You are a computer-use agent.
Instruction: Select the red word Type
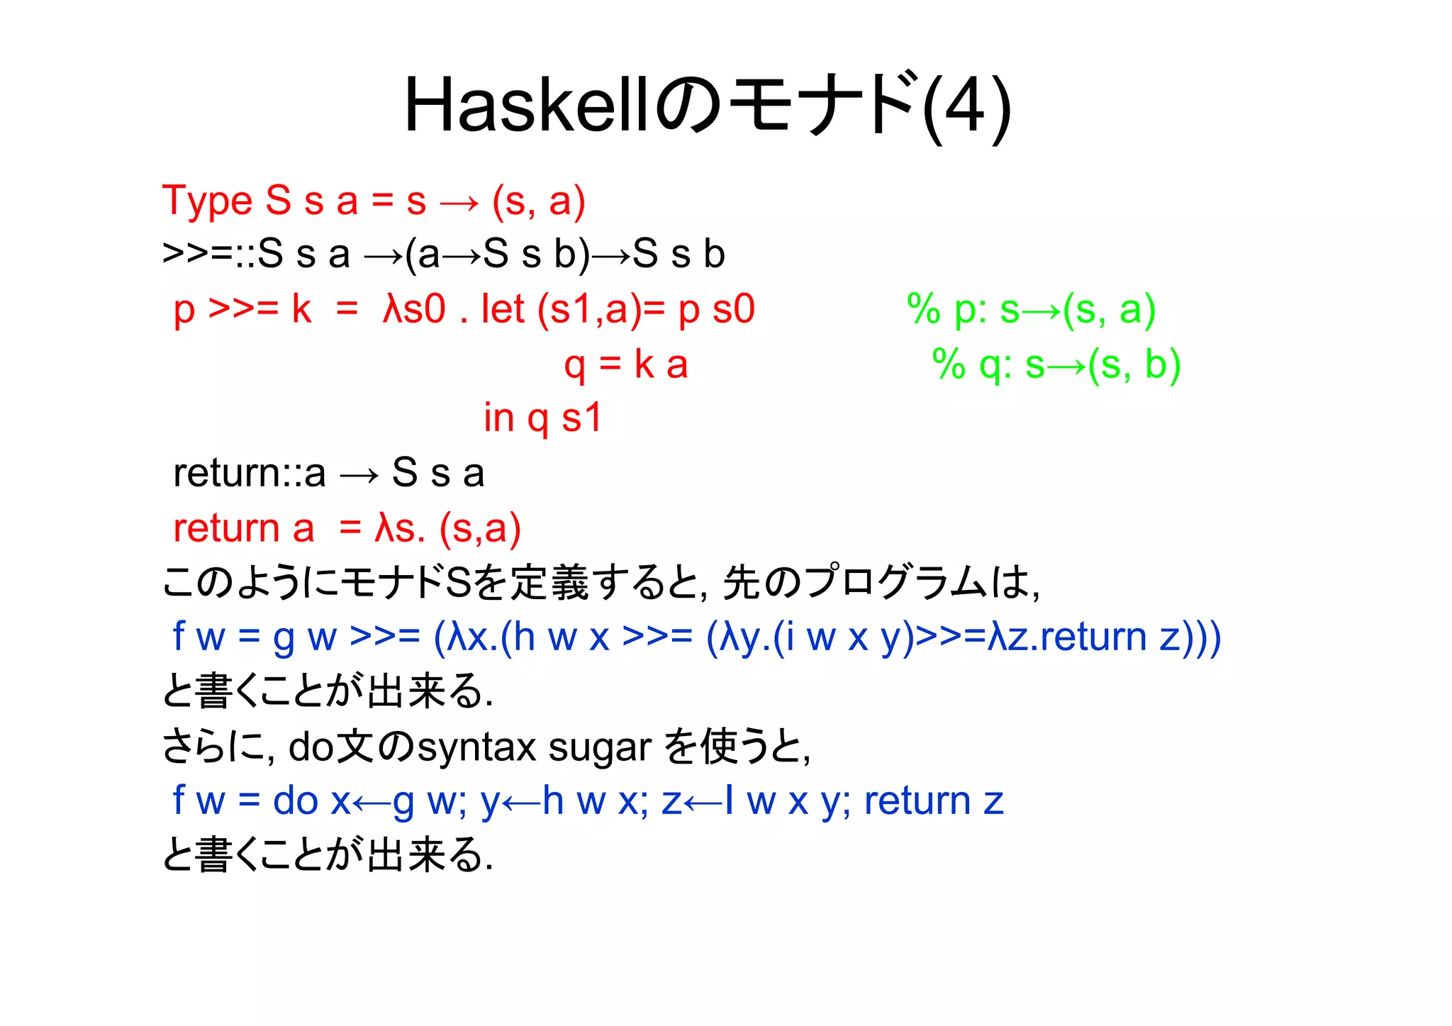(207, 201)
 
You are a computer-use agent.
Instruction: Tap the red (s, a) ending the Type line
(539, 201)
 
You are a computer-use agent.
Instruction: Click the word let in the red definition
(503, 309)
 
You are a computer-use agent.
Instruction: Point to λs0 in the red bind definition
(414, 309)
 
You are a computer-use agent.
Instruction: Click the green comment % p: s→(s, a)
(1032, 310)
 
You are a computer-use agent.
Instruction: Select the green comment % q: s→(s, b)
(1056, 364)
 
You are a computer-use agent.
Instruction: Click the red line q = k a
(625, 364)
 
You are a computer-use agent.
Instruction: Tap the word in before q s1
(498, 418)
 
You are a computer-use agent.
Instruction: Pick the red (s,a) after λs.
(480, 528)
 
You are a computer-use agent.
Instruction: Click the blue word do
(296, 801)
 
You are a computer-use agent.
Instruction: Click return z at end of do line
(934, 801)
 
